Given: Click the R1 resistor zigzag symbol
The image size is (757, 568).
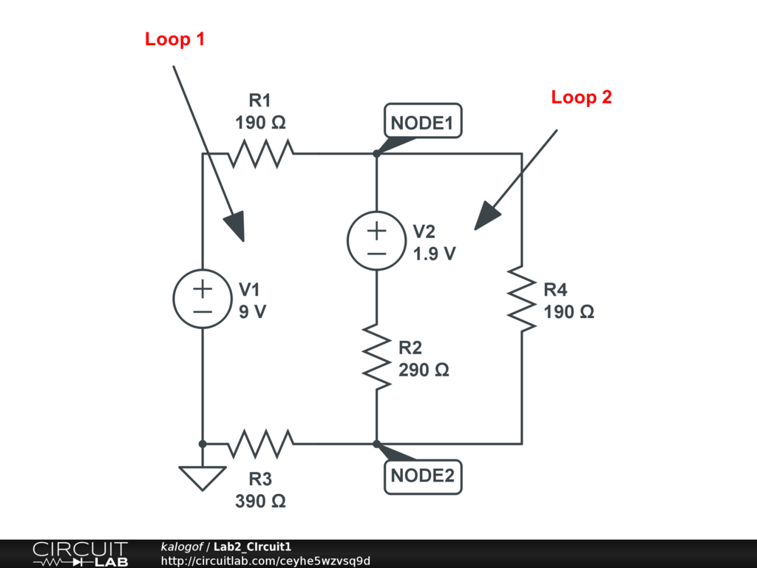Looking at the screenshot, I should coord(261,154).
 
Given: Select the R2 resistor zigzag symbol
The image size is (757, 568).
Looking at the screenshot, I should coord(376,356).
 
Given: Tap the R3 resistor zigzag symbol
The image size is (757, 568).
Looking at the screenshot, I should coord(261,444).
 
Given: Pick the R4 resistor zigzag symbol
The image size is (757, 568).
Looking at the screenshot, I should coord(522,299).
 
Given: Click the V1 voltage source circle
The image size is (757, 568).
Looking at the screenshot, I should coord(203,299).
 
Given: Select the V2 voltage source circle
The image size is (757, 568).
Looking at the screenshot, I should coord(376,241).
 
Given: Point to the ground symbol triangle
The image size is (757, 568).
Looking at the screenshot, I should coord(203,476).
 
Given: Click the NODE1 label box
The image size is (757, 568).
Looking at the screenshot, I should coord(422,122).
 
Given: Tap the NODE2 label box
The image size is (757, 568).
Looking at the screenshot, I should coord(422,476).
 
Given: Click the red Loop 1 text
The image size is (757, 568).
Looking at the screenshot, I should coord(174,39).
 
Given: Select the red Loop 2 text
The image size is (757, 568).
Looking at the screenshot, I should coord(582,97).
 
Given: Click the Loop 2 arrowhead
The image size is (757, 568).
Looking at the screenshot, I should coord(487,217).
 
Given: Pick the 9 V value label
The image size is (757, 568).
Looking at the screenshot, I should coord(252,311).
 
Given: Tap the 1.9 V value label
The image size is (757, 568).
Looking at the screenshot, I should coord(435,254).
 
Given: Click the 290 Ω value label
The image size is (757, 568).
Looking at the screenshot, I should coord(424,370).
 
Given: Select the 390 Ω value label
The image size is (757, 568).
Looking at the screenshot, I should coord(261,501).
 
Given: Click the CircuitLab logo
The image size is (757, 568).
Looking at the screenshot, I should coord(80,554).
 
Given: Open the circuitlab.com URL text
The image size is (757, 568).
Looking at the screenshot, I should coord(265,561).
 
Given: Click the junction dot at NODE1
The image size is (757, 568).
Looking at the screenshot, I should coord(376,154).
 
